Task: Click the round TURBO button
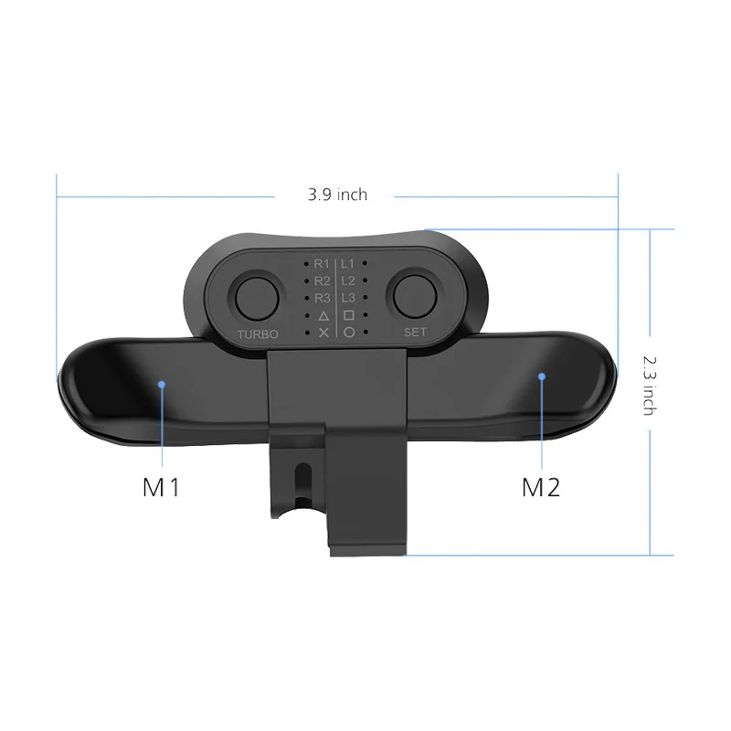pos(257,297)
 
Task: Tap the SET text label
pos(416,333)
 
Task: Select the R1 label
pos(322,264)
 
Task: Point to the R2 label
pos(322,281)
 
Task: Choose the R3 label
pos(322,298)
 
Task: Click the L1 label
pos(348,264)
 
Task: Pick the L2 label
pos(348,281)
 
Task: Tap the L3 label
pos(348,298)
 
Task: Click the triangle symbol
pos(323,315)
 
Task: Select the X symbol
pos(323,333)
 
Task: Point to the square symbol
pos(348,315)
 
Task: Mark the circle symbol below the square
pos(348,333)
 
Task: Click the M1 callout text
pos(162,487)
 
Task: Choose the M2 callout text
pos(540,487)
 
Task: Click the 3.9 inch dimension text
pos(337,195)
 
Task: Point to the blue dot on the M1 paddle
pos(161,385)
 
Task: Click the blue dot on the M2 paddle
pos(541,375)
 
